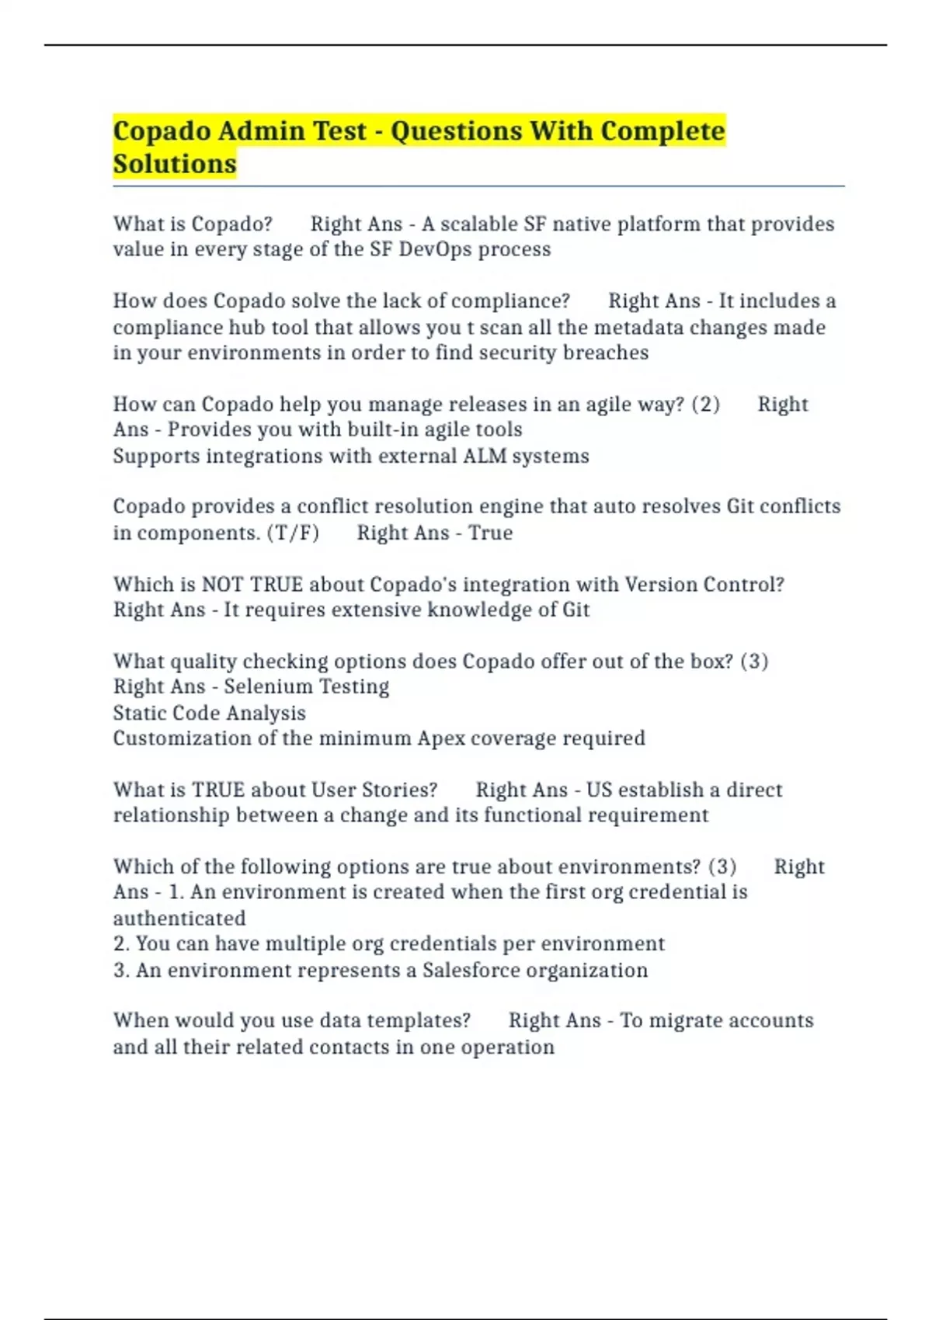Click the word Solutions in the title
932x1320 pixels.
(x=175, y=164)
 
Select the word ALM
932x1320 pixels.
(x=482, y=456)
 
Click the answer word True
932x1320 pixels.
(x=490, y=533)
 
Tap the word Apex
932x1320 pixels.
(x=440, y=738)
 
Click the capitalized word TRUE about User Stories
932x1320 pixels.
(x=218, y=790)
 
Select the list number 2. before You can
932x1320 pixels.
(x=121, y=943)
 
